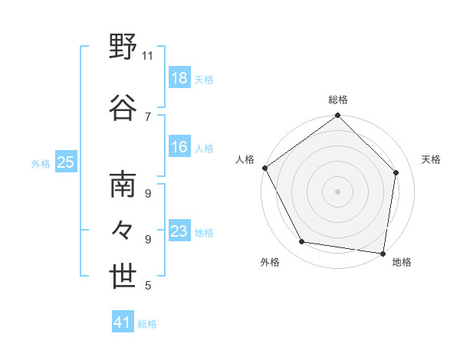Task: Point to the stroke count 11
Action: [148, 56]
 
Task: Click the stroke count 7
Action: [148, 116]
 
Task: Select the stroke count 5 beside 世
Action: [148, 286]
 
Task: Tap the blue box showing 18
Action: [179, 79]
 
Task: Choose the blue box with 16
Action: [179, 148]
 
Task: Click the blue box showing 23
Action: [179, 232]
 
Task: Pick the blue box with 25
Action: [65, 162]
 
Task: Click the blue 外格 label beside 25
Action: [41, 163]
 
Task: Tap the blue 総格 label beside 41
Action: [147, 324]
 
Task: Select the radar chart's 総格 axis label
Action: [338, 100]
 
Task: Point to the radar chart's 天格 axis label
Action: [431, 159]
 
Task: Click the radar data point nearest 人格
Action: [264, 168]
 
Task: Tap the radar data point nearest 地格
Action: [383, 253]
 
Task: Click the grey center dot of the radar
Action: [338, 191]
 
